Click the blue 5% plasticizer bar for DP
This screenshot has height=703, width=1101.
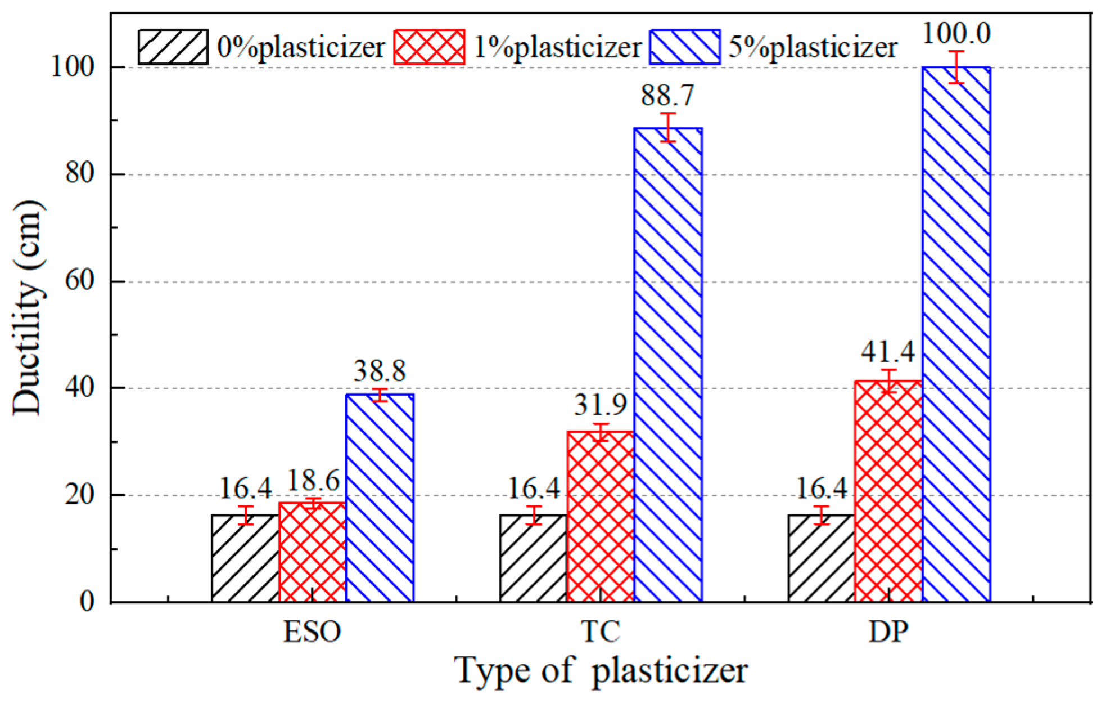click(956, 338)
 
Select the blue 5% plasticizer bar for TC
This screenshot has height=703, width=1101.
click(668, 366)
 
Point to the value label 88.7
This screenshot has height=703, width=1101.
click(667, 96)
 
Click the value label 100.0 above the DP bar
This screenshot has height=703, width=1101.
click(956, 34)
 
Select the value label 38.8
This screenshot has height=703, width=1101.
click(380, 371)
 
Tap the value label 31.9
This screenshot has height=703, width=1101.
click(601, 405)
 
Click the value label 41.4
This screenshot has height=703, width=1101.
click(888, 352)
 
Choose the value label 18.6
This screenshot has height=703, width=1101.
click(313, 482)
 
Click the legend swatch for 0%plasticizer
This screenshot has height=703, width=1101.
click(173, 47)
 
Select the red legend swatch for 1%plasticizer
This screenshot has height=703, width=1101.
click(430, 47)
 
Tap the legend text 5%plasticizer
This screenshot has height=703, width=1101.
click(813, 47)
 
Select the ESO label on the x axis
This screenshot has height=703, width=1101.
click(313, 632)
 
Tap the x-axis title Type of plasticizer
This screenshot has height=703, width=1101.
click(601, 671)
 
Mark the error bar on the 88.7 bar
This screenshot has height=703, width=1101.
click(668, 127)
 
